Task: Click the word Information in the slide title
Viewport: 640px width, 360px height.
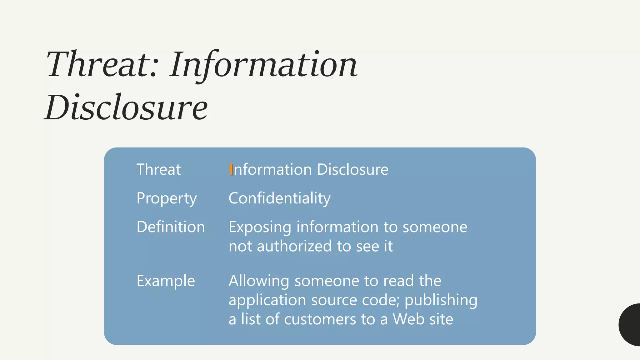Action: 263,65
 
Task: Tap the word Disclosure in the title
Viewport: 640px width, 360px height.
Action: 126,107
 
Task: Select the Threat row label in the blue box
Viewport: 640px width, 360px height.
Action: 158,170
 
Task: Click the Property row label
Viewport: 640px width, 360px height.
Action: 167,198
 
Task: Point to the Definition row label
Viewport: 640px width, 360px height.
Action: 171,227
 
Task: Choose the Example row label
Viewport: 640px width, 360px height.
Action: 166,281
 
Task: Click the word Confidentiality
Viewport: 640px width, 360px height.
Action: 279,198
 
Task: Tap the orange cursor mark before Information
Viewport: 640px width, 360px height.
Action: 231,169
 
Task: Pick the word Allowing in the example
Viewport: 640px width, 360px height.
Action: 259,281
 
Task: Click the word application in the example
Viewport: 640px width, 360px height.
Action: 267,300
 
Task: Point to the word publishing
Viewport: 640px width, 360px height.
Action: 441,300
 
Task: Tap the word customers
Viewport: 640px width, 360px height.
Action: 320,319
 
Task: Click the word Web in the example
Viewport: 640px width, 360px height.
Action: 405,319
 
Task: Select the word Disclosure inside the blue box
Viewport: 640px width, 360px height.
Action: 352,170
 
